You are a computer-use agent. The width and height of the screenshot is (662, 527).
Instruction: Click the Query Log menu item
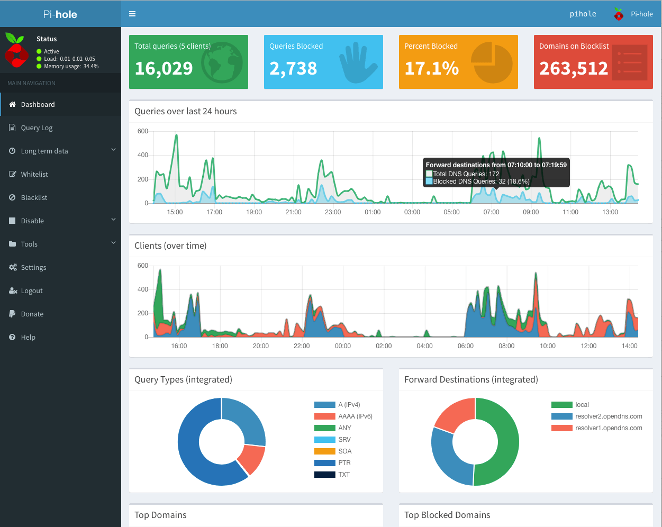coord(37,128)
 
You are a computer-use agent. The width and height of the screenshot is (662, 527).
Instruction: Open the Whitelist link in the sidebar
coord(34,174)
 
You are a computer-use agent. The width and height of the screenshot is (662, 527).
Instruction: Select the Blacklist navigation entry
coord(34,197)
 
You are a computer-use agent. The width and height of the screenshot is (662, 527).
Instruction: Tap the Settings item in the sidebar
coord(33,267)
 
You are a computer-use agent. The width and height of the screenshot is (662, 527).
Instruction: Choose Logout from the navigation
coord(32,290)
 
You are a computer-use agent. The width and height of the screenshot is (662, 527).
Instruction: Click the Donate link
coord(32,314)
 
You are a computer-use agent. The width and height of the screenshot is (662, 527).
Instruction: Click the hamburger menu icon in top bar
coord(132,14)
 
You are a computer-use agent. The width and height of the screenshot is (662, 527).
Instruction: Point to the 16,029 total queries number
coord(164,68)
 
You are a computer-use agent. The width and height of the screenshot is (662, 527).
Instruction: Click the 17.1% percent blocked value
coord(431,68)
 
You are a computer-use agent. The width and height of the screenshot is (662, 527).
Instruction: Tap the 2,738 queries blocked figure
coord(293,68)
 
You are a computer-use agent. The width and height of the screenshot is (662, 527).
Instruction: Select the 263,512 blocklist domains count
coord(574,68)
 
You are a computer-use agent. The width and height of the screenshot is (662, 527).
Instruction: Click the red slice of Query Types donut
coord(251,459)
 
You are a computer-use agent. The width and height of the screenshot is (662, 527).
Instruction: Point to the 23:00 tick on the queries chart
coord(333,212)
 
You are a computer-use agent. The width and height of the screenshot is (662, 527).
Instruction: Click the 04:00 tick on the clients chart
coord(424,346)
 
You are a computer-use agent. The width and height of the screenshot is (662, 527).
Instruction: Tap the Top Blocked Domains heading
coord(447,515)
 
